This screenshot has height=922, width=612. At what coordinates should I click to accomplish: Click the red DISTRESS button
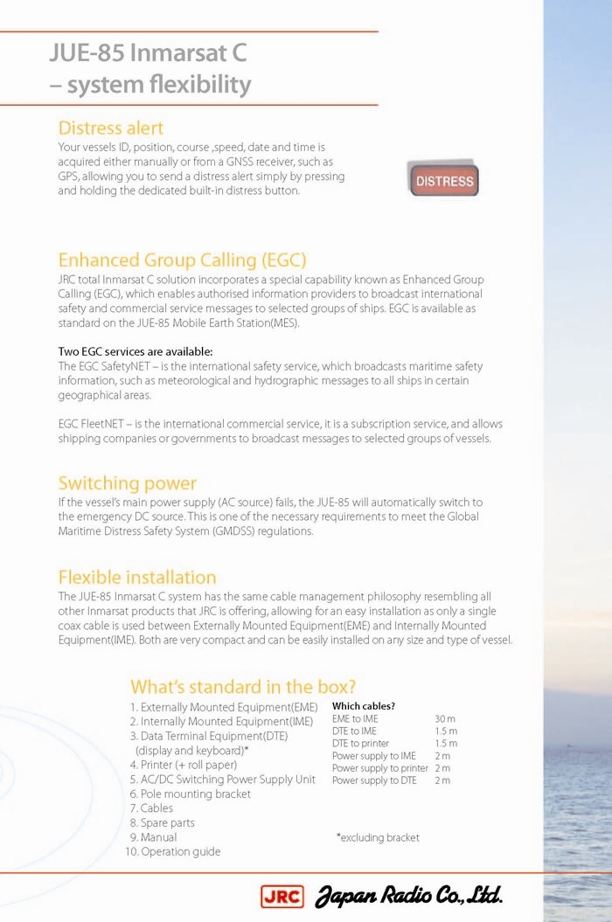click(444, 182)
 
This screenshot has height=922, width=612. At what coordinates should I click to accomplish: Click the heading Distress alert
click(110, 128)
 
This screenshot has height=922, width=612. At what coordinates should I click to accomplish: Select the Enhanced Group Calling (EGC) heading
click(182, 260)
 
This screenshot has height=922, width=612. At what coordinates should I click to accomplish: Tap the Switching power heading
click(127, 483)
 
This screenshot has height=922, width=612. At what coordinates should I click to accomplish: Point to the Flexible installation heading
click(136, 578)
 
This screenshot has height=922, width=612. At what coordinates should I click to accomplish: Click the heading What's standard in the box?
click(243, 687)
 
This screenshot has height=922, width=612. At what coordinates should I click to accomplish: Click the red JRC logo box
click(282, 896)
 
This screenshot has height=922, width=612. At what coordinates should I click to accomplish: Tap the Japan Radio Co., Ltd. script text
click(408, 896)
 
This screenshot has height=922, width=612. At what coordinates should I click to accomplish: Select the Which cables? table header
click(363, 706)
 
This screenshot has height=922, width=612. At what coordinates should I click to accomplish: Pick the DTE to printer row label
click(358, 743)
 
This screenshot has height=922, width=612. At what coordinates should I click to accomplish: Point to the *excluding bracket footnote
click(378, 837)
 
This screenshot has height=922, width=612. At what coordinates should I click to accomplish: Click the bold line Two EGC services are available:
click(135, 352)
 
